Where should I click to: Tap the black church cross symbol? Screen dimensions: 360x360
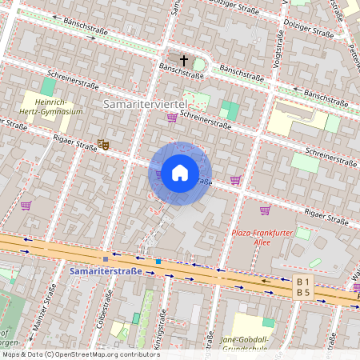click(183, 61)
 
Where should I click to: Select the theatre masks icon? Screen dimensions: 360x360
click(102, 144)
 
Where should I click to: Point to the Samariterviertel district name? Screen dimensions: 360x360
click(145, 105)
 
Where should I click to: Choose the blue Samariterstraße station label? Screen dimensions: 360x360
click(105, 272)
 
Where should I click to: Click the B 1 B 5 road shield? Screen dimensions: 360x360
click(302, 287)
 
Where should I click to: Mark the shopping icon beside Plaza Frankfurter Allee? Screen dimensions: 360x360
click(265, 210)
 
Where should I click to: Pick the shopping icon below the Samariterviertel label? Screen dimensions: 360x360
click(171, 118)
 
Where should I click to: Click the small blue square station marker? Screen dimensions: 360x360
click(158, 262)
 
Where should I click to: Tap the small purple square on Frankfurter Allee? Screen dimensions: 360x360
click(106, 259)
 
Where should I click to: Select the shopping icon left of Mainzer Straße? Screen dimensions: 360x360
click(26, 206)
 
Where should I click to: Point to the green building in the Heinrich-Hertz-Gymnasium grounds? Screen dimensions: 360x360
click(48, 87)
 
